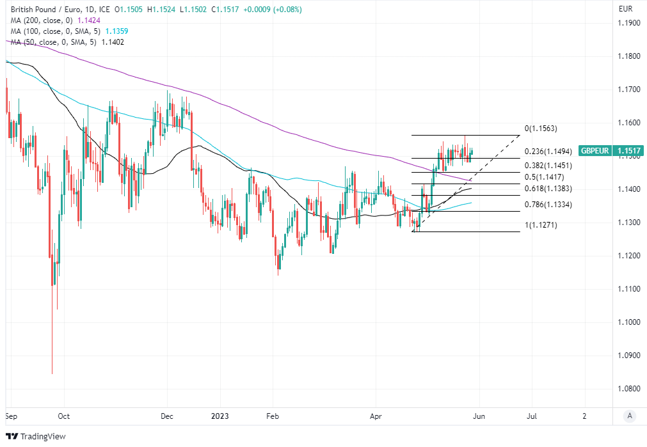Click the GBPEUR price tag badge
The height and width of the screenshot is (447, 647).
click(611, 151)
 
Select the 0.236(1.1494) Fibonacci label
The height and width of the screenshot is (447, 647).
click(548, 152)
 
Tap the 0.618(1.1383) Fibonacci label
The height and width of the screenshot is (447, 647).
click(548, 189)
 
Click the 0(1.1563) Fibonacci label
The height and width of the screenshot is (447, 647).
click(541, 129)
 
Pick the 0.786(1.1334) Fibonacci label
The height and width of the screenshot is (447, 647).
click(548, 205)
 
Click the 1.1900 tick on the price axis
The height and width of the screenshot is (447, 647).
click(628, 23)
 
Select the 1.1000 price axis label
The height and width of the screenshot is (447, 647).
click(628, 322)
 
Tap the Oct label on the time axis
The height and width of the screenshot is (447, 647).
click(63, 416)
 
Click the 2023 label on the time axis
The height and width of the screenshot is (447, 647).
click(220, 416)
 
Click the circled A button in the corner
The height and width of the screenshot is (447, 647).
click(630, 416)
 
